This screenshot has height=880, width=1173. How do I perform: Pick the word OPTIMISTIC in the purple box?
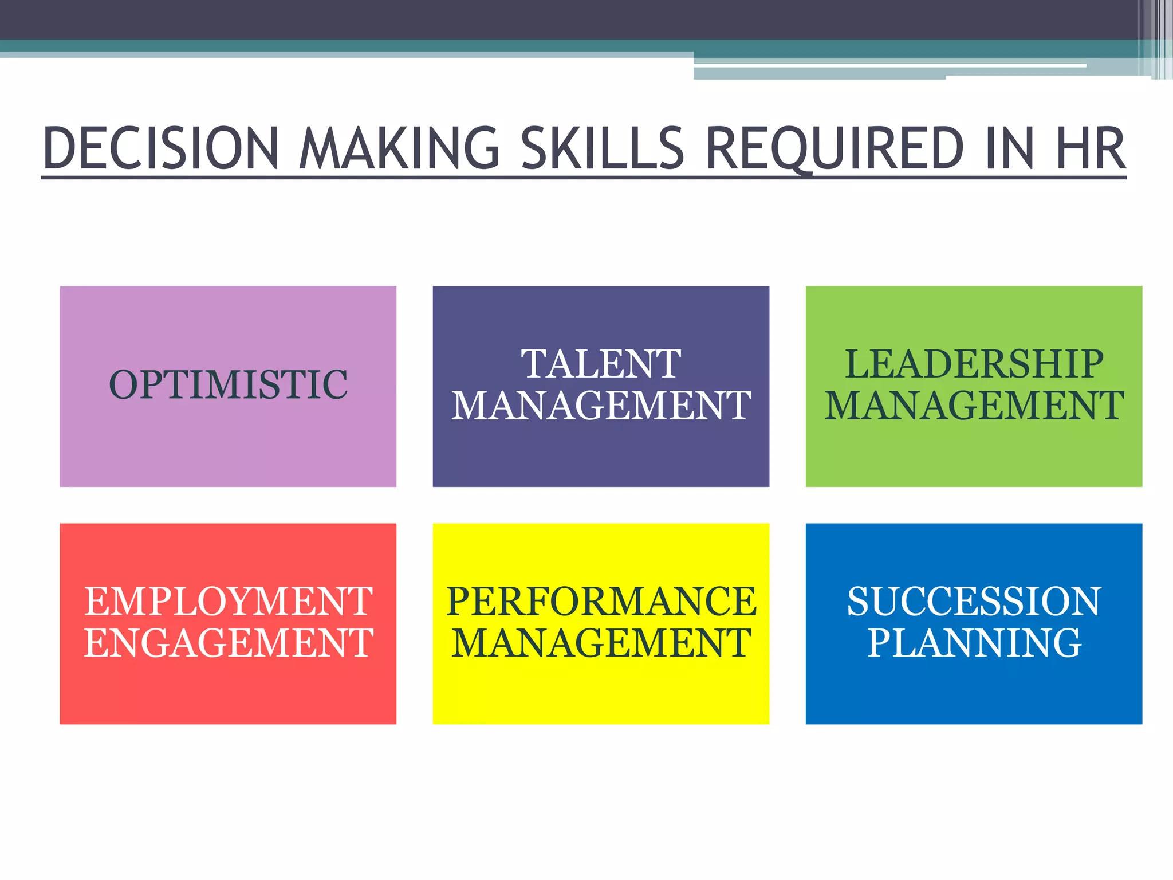coord(228,384)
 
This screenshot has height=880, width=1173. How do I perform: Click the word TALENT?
coord(601,364)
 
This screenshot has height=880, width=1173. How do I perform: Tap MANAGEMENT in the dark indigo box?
coord(601,406)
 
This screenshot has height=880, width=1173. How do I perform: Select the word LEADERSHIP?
coord(974,364)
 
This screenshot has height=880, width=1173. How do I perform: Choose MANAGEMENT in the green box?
coord(974,406)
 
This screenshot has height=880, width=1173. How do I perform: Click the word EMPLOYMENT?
coord(228,601)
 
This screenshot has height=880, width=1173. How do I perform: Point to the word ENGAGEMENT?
coord(228,643)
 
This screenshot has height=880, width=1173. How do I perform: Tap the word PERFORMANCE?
coord(601,601)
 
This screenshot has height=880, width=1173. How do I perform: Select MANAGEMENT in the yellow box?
coord(601,643)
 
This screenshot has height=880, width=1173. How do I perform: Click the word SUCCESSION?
coord(974,601)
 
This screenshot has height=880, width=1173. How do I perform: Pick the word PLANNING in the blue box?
coord(974,643)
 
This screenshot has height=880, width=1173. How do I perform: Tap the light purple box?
coord(228,447)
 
